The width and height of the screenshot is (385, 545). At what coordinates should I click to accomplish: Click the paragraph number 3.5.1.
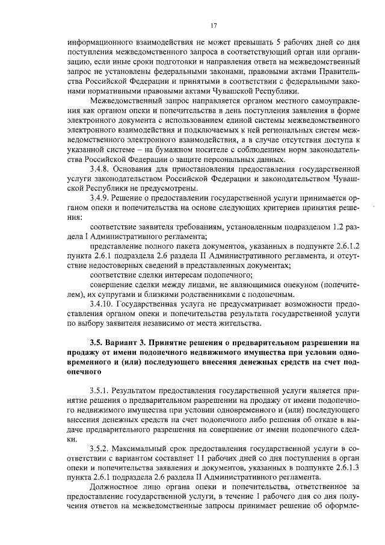tap(100, 391)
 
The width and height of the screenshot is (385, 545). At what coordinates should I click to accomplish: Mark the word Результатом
tap(141, 391)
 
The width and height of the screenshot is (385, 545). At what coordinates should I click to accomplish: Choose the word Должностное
tap(118, 487)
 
